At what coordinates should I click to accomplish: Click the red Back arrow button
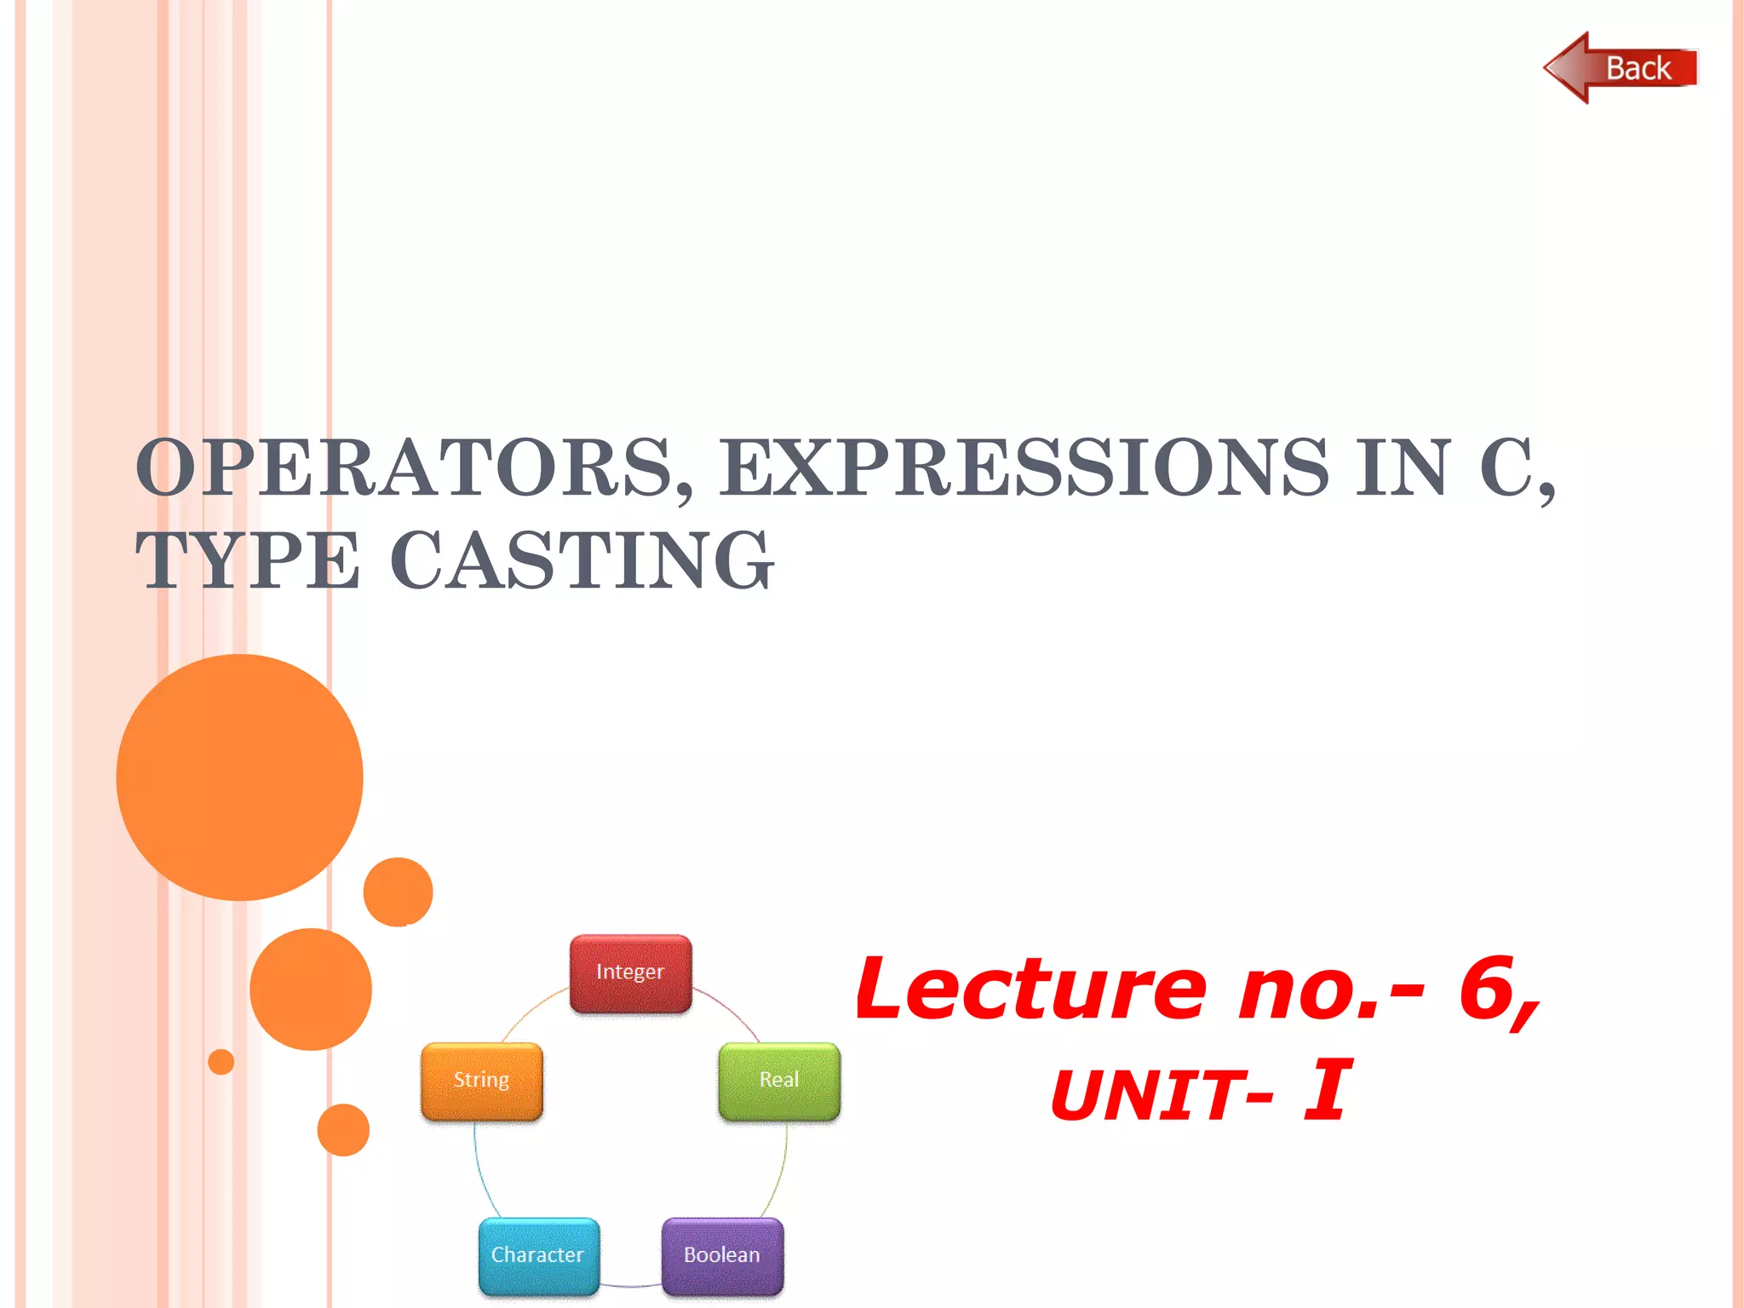pyautogui.click(x=1620, y=68)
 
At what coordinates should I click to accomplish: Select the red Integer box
pyautogui.click(x=630, y=973)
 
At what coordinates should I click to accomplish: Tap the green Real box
pyautogui.click(x=779, y=1080)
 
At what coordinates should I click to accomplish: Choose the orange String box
pyautogui.click(x=482, y=1080)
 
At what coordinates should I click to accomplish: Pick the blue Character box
pyautogui.click(x=538, y=1255)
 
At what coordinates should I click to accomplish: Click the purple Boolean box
pyautogui.click(x=722, y=1255)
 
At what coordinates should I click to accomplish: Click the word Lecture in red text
pyautogui.click(x=1030, y=990)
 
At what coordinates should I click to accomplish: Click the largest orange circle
pyautogui.click(x=240, y=777)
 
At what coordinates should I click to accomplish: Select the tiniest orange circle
pyautogui.click(x=221, y=1062)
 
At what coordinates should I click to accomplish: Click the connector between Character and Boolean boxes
pyautogui.click(x=631, y=1285)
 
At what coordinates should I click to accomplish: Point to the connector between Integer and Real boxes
pyautogui.click(x=731, y=1011)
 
